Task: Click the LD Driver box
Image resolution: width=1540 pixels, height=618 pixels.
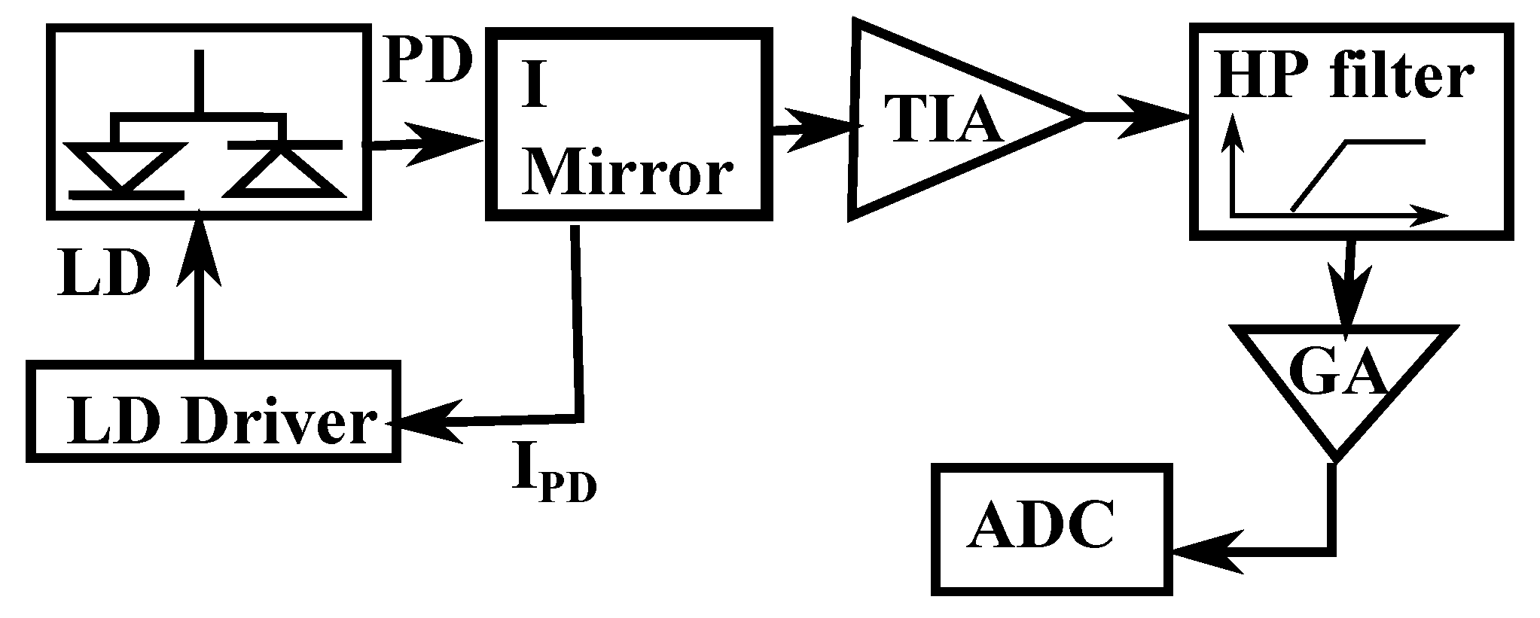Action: click(213, 411)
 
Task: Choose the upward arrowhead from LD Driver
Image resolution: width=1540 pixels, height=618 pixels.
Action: click(200, 252)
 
